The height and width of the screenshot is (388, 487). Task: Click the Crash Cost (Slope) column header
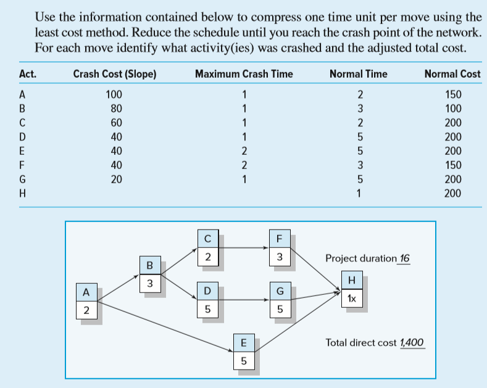tap(114, 74)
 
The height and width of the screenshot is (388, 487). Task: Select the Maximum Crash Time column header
tap(244, 74)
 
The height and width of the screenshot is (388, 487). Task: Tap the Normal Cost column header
tap(452, 74)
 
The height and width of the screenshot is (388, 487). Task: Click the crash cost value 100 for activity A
tap(114, 95)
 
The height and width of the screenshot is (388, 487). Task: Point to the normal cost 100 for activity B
tap(454, 109)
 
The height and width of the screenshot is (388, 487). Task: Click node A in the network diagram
tap(86, 300)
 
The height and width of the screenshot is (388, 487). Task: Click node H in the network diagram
tap(352, 288)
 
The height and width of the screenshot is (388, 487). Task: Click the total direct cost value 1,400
tap(412, 342)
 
